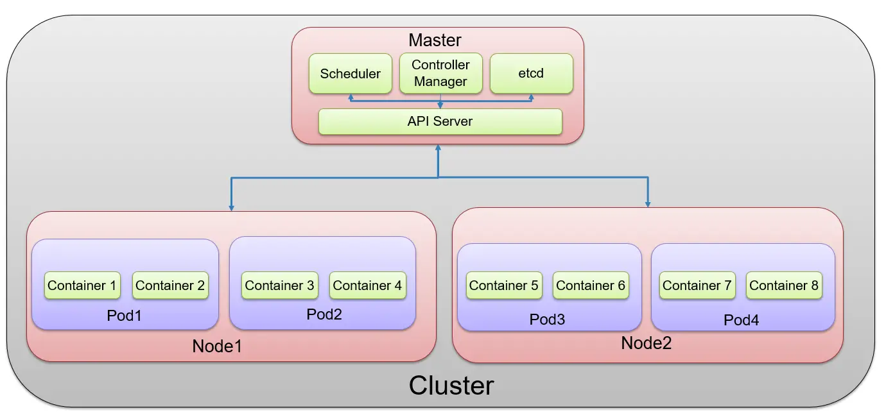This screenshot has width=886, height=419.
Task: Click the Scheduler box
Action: pos(350,74)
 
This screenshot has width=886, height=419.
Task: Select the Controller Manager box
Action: pos(440,74)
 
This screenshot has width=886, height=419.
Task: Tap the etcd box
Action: pos(531,74)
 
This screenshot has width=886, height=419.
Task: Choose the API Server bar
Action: pos(440,121)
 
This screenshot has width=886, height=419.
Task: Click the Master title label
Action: pos(435,40)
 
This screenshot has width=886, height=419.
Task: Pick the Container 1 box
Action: pos(82,286)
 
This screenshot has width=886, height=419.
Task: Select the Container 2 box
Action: pos(170,286)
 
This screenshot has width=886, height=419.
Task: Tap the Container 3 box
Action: pos(279,286)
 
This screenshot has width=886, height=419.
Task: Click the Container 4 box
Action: pos(367,286)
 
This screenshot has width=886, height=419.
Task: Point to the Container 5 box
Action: pos(503,286)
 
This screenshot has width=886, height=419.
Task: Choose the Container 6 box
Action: pos(591,286)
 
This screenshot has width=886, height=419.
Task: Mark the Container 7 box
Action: pos(697,286)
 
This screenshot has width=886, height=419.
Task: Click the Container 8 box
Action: pos(784,286)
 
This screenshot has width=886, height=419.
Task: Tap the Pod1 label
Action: pos(125,316)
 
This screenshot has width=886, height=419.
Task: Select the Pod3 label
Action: pos(547,319)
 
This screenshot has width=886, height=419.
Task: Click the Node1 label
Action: pos(217,346)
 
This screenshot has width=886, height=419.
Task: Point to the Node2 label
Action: pos(646,343)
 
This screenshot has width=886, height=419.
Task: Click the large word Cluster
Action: pos(451,386)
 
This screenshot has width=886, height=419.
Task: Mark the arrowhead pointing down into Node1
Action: pos(231,207)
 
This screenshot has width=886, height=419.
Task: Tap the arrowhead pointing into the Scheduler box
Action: pos(351,97)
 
